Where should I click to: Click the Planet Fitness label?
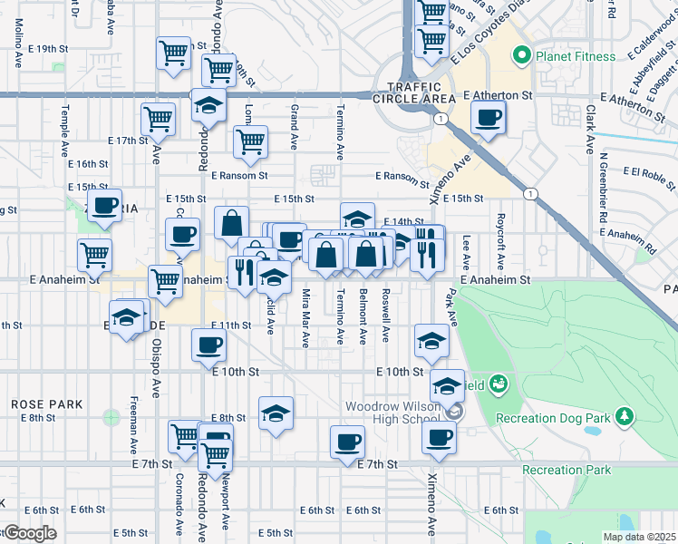pos(574,56)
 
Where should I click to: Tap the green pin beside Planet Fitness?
pos(521,57)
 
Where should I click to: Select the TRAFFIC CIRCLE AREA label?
pos(421,92)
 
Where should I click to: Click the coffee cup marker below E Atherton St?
pos(489,117)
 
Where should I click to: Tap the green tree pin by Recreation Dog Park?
pos(624,417)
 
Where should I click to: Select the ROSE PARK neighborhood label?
pos(47,403)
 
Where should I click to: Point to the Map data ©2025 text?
pos(639,537)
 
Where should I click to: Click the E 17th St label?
pos(127,141)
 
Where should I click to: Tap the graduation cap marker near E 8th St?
pos(276,413)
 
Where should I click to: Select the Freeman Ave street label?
pos(134,426)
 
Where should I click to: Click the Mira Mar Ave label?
pos(305,317)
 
